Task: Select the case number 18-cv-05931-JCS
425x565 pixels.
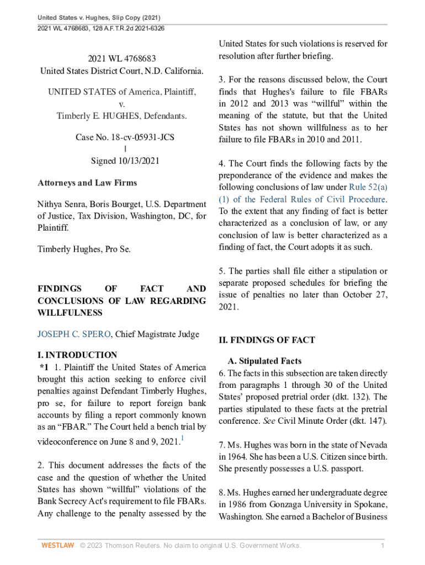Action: tap(142, 136)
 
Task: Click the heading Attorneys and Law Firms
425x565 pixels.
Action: tap(87, 183)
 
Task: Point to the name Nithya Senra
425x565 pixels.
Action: tap(62, 205)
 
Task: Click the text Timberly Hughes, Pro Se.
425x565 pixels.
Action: tap(84, 249)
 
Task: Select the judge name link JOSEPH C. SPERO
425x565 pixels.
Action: tap(73, 334)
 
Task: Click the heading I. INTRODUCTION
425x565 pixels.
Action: tap(77, 355)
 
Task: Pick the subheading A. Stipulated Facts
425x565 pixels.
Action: tap(264, 361)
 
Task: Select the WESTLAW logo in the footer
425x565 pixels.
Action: tap(58, 546)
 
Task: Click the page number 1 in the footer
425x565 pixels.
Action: tap(382, 546)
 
